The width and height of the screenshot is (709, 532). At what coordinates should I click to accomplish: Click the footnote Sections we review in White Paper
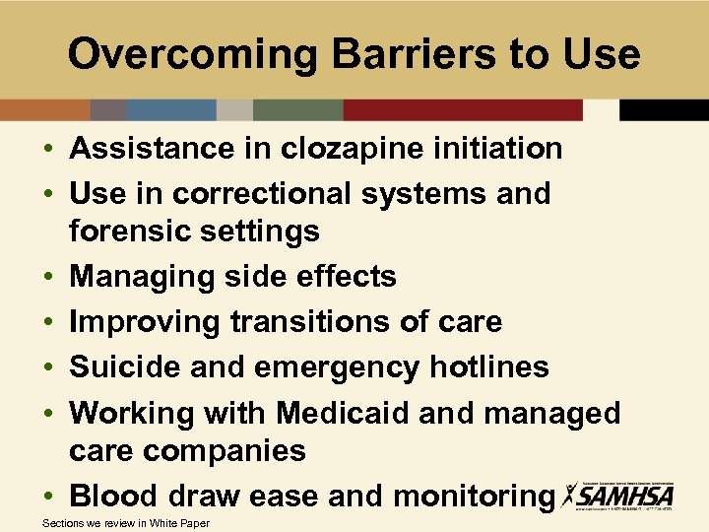[126, 523]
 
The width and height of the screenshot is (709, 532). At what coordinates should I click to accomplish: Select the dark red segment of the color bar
[463, 110]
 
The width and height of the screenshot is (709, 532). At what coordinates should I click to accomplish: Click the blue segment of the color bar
[171, 110]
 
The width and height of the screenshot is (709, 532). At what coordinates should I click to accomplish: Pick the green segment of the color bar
[297, 110]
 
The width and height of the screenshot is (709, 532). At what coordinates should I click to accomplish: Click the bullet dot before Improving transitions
[48, 323]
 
